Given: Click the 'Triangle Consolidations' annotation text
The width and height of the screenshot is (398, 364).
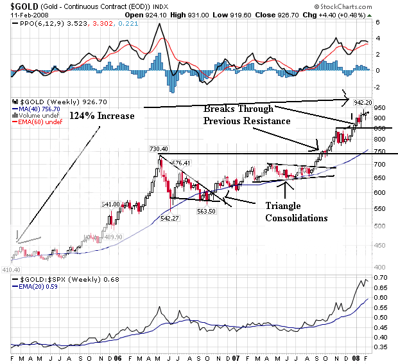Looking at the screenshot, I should point(297,212).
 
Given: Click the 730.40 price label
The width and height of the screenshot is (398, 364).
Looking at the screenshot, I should point(159,149).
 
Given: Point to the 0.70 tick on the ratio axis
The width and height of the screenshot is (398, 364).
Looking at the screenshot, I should point(383,277).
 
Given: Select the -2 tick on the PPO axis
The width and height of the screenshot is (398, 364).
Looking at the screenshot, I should point(379,87).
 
